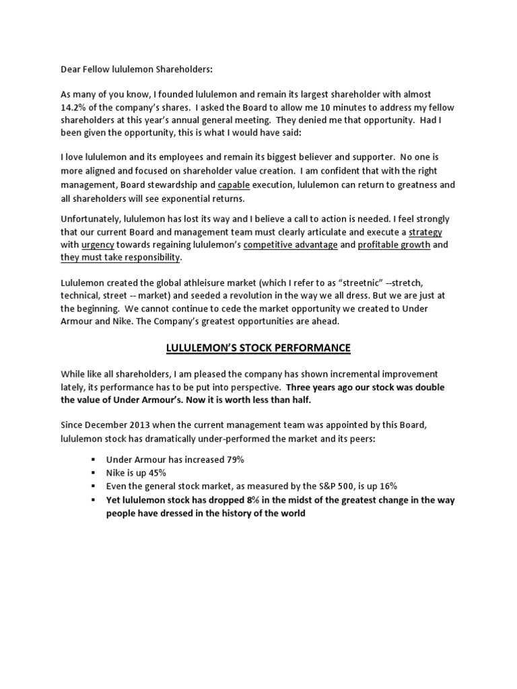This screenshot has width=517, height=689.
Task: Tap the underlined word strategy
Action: pos(425,231)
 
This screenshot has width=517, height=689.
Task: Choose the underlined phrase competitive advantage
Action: pos(290,245)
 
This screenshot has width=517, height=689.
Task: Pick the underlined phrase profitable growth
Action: pos(394,245)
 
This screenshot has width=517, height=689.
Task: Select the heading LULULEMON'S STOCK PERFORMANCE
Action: pos(258,348)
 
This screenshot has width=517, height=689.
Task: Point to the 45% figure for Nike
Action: pos(156,473)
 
